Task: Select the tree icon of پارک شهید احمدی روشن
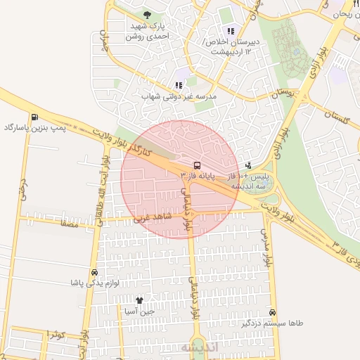tap(147, 15)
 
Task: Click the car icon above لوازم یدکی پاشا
tap(94, 272)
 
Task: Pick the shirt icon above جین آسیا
tap(139, 300)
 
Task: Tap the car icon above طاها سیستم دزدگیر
tap(273, 313)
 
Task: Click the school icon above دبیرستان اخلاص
tap(231, 31)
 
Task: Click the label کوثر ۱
tap(54, 334)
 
